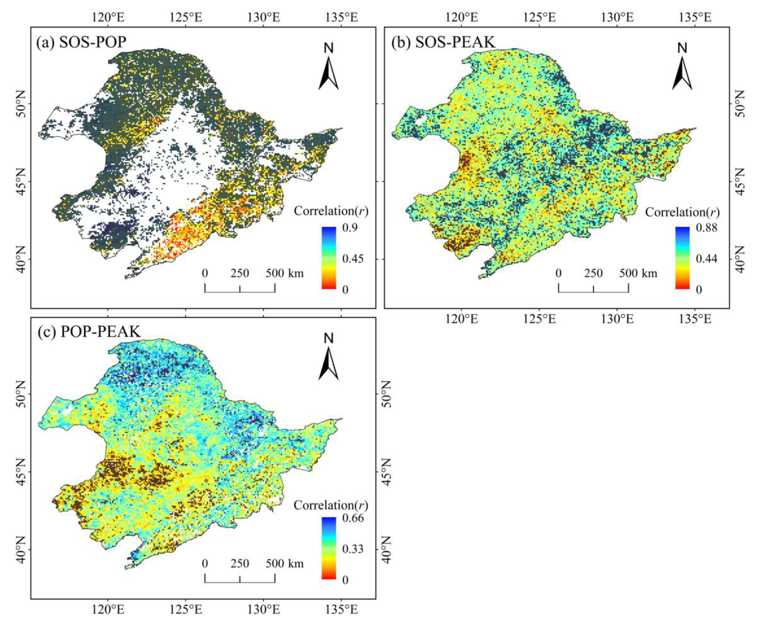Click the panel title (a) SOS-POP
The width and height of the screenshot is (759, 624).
tap(81, 43)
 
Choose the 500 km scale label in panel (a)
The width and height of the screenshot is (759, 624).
tap(285, 274)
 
